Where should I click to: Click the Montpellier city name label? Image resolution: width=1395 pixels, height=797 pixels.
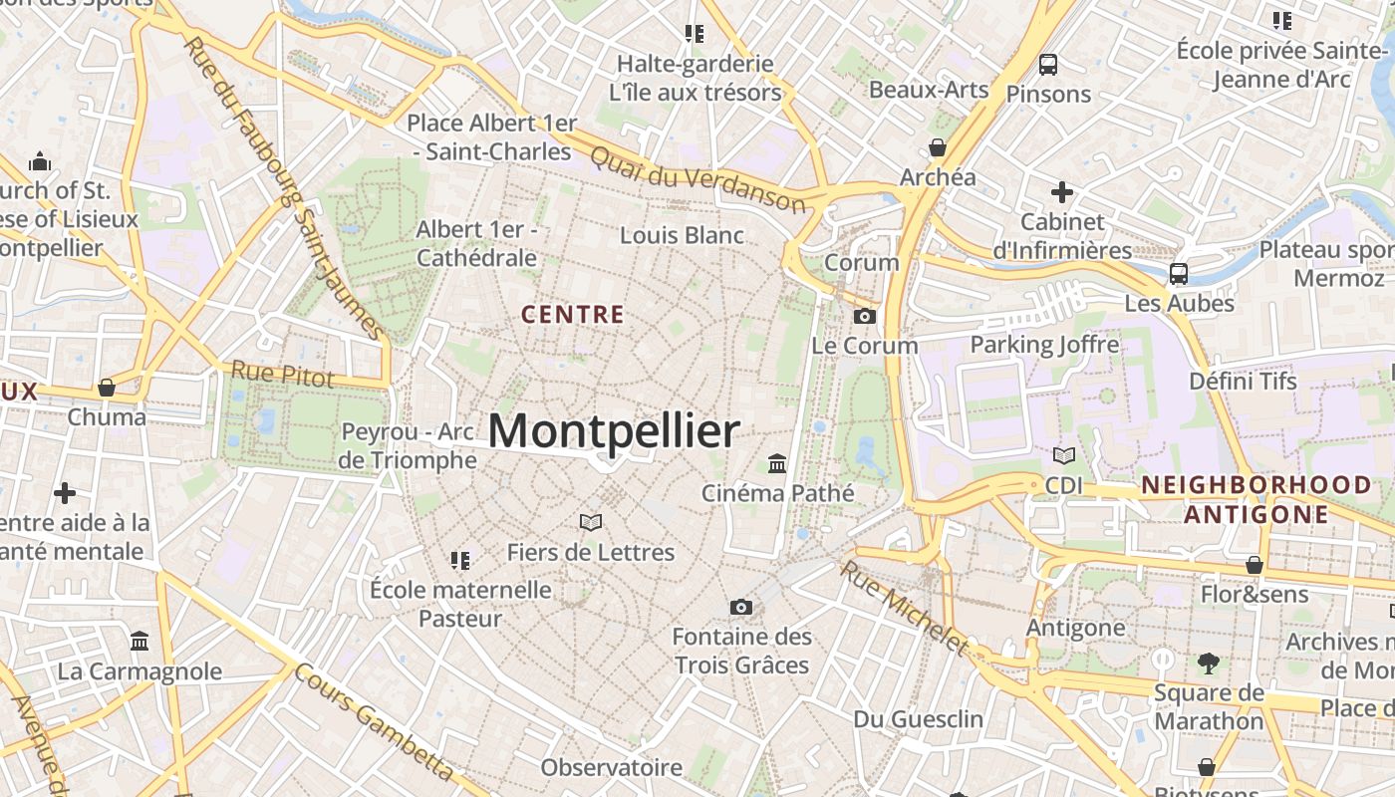coord(614,431)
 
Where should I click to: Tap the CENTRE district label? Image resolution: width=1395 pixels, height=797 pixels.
coord(573,315)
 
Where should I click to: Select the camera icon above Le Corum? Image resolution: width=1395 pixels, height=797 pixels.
coord(865,316)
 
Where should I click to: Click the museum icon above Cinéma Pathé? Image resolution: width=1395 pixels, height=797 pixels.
coord(777,463)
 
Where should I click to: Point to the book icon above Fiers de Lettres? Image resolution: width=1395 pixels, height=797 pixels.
coord(591,522)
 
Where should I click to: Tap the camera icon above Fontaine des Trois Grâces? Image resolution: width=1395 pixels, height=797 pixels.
coord(740,607)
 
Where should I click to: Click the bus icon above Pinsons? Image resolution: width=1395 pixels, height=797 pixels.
coord(1048,65)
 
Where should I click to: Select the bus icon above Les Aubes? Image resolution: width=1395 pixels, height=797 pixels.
coord(1179,273)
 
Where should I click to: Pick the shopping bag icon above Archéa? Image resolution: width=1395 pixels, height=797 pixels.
coord(938,147)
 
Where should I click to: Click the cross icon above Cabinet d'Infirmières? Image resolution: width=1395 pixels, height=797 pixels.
coord(1062,191)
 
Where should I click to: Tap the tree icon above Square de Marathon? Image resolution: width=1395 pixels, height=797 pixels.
coord(1209,663)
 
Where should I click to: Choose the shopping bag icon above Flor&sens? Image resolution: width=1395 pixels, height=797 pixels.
coord(1255,565)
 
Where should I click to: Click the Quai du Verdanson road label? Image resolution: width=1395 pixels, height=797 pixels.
coord(697,179)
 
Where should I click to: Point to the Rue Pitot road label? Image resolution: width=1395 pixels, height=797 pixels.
coord(282,374)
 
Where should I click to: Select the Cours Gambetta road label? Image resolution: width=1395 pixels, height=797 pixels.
coord(375,723)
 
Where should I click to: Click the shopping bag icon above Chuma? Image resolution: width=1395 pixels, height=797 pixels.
coord(107,387)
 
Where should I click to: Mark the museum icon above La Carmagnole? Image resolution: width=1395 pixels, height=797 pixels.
coord(139,641)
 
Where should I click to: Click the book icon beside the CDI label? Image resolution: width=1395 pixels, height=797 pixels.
coord(1064,455)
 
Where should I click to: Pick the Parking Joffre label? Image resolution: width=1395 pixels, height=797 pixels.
coord(1044,345)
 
